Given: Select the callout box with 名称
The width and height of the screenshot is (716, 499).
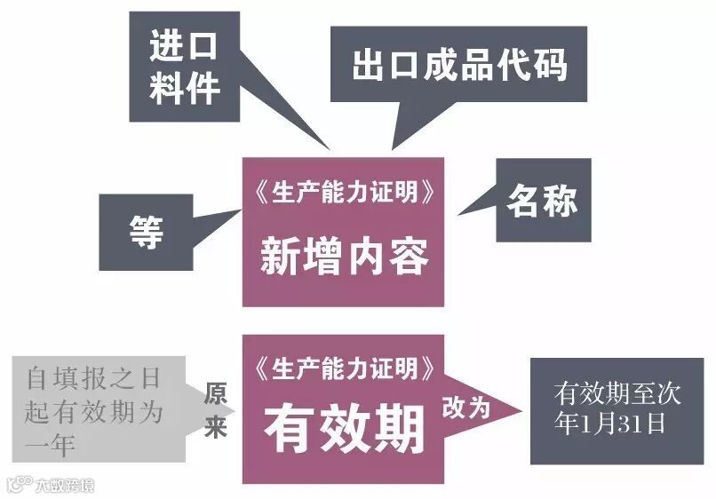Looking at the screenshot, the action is pos(543,201).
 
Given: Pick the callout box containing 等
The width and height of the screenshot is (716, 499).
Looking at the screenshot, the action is pos(146,233).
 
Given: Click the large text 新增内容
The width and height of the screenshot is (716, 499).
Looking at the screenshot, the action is pos(344,257).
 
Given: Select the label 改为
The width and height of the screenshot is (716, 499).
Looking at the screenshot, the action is pos(467,408).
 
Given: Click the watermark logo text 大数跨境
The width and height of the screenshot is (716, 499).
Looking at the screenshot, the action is pos(63,486).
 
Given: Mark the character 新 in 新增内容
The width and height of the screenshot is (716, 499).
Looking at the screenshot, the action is pos(281,257).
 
